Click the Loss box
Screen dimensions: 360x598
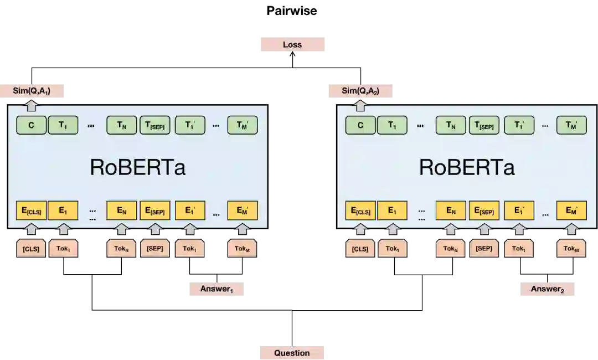(292, 44)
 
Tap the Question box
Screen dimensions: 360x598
(292, 353)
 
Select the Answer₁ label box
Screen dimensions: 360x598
(215, 288)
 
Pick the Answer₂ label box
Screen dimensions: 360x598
(547, 288)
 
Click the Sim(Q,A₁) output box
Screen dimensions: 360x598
(33, 91)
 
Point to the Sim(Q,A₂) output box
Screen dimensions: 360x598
(361, 91)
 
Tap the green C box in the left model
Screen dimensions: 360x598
(31, 125)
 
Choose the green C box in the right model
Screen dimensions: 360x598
(360, 125)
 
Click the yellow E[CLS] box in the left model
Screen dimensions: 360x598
(31, 210)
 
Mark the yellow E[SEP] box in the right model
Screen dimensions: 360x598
(484, 210)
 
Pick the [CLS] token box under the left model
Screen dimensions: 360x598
(31, 249)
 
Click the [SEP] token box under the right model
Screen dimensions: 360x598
(484, 249)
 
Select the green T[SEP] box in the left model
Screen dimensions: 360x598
(155, 125)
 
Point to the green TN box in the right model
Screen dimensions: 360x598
(451, 125)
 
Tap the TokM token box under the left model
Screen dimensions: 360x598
(242, 249)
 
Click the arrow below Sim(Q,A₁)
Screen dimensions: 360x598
(32, 104)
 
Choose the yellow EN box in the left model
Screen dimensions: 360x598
(122, 210)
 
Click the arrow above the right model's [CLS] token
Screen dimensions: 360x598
(360, 229)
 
